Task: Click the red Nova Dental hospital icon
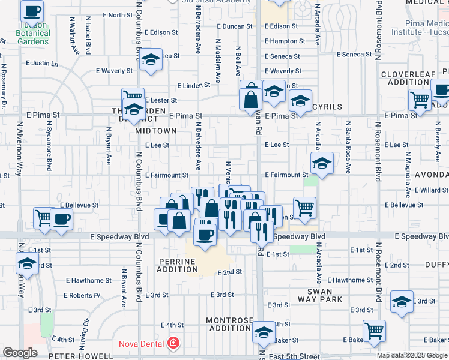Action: pos(173,343)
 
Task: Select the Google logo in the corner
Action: pos(20,353)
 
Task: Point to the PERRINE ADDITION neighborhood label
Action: pos(178,265)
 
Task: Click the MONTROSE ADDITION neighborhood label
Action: pos(229,324)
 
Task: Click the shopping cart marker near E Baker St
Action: pos(374,330)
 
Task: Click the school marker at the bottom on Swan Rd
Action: pos(263,333)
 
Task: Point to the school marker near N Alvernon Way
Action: pos(27,263)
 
